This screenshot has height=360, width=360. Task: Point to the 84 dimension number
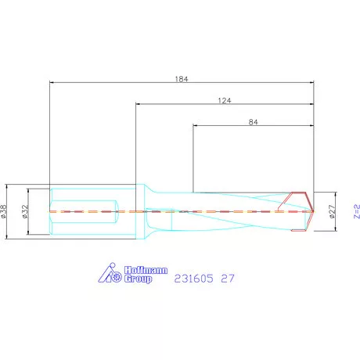pos(253,121)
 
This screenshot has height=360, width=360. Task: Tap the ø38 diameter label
pos(5,211)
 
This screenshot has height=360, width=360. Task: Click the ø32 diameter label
pos(25,211)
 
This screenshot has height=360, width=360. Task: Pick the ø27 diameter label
pos(332,211)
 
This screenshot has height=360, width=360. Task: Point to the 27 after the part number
pos(228,278)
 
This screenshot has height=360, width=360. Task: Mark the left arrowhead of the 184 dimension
pos(52,81)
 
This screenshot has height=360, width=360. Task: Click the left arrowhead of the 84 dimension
pos(195,126)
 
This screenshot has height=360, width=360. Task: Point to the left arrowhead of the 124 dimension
pos(138,104)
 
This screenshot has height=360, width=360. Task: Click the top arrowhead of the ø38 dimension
pos(8,189)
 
